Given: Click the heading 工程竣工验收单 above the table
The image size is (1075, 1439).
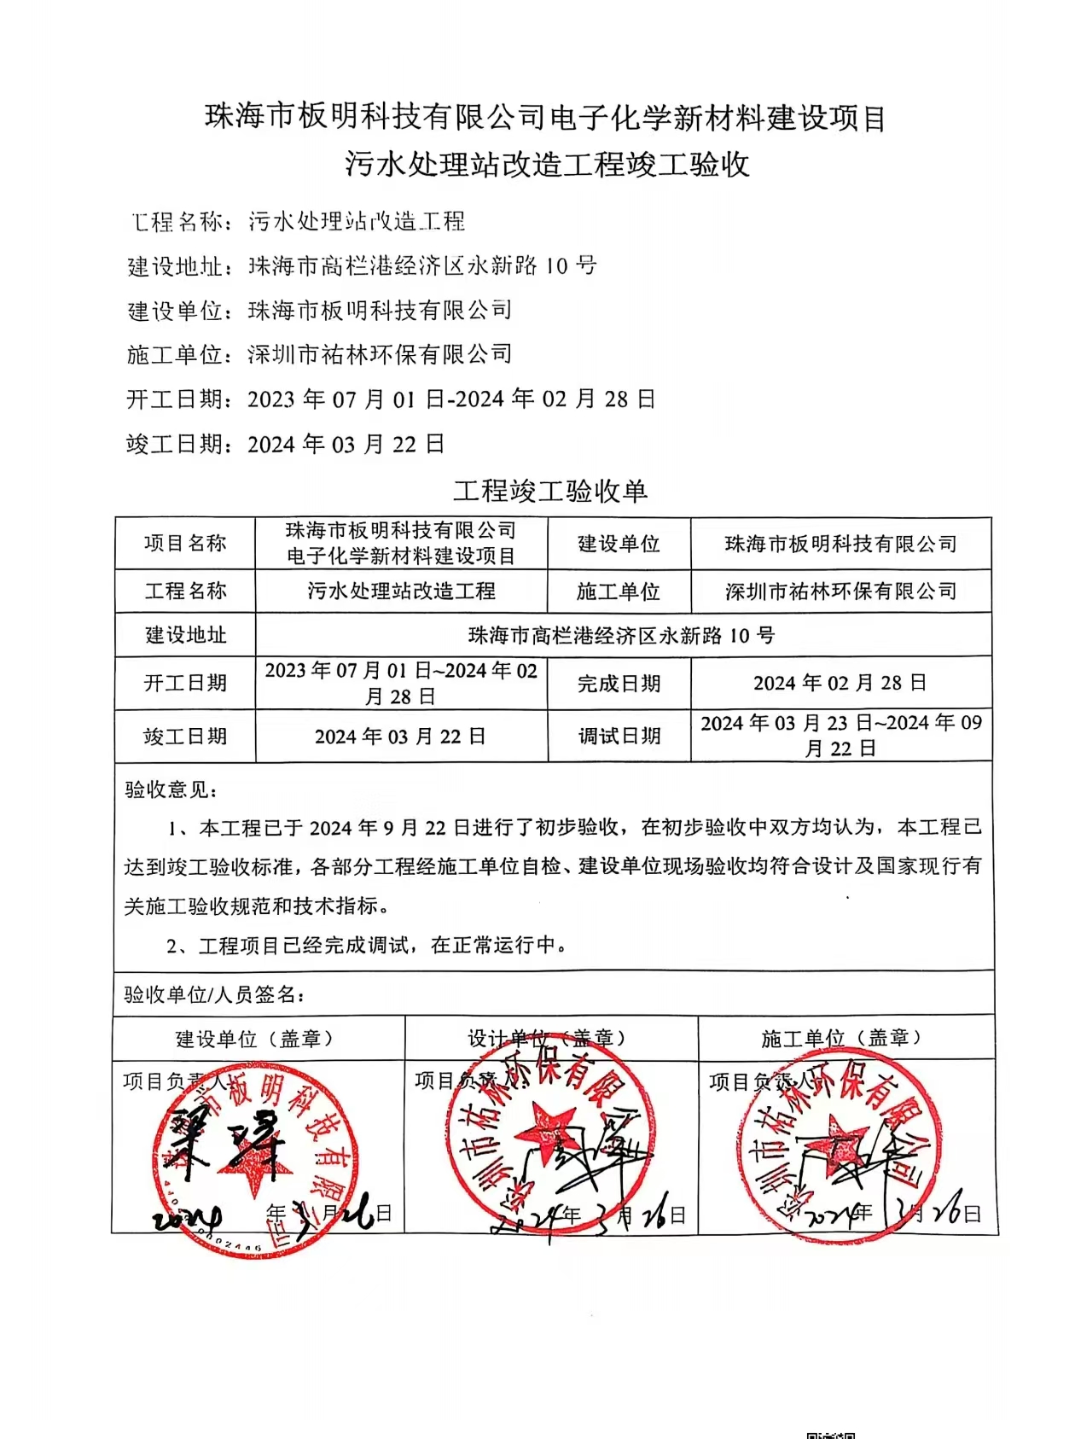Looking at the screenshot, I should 549,491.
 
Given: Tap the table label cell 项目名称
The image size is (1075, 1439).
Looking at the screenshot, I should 185,543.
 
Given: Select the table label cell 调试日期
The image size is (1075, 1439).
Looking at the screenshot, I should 619,736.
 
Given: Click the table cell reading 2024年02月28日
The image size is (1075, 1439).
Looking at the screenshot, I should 840,683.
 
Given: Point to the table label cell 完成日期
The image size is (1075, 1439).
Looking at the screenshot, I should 619,683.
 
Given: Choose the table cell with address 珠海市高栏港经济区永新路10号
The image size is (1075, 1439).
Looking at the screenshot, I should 622,635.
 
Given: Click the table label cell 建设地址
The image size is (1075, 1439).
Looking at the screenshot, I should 185,635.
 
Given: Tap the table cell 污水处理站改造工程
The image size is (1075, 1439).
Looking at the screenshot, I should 401,591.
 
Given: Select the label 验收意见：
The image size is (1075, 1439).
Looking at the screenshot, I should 171,789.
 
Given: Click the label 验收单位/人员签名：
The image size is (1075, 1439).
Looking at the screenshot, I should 214,994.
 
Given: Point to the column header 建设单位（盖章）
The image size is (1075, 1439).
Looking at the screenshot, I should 257,1039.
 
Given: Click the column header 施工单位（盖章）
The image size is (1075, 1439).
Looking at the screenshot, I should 844,1038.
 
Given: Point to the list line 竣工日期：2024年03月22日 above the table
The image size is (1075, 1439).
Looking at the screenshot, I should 285,444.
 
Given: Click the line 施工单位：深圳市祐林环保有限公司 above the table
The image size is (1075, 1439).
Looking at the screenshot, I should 319,354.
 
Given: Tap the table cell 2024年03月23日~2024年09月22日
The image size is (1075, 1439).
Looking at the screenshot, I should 840,736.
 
